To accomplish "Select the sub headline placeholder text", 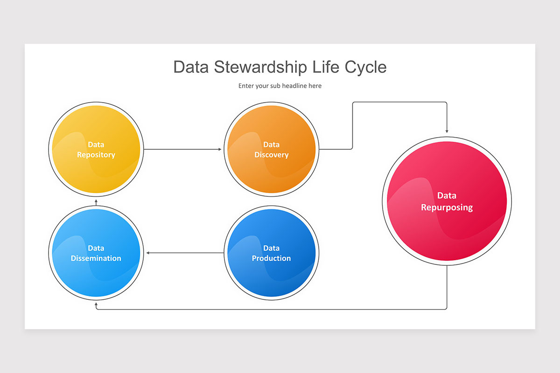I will coord(280,86).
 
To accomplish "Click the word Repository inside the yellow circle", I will coord(96,155).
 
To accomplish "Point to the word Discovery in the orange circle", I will coord(271,155).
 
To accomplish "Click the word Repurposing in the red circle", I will coord(447,207).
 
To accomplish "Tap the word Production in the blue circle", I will coord(271,258).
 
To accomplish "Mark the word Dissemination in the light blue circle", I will coord(96,258).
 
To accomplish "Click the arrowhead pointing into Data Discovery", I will coord(220,149).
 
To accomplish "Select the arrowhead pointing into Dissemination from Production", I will coord(148,253).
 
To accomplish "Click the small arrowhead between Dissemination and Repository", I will coord(96,203).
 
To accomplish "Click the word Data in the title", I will coord(191,67).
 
